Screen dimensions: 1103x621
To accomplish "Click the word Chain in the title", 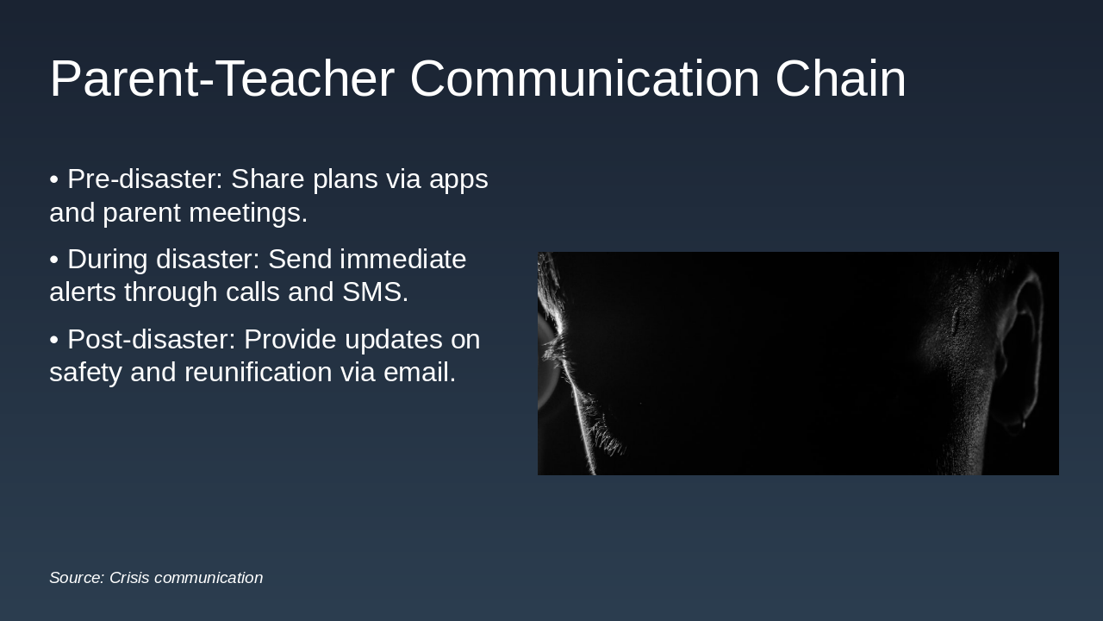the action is tap(840, 78).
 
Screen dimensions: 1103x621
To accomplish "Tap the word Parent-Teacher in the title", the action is tap(222, 78).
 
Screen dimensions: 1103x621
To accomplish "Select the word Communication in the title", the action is tap(584, 78).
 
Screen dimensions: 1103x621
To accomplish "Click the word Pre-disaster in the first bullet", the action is tap(146, 179).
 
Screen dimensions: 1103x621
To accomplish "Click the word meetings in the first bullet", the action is tap(248, 213).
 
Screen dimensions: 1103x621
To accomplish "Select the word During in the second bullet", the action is tap(108, 260).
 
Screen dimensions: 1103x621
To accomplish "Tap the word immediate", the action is tap(402, 259).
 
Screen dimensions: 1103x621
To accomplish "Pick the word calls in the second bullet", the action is tap(253, 292).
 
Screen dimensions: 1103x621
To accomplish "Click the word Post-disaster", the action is tap(152, 339).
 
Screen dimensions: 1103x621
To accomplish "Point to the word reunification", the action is tap(259, 372).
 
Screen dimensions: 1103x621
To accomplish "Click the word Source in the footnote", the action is tap(77, 578).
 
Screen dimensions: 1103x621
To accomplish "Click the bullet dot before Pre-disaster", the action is tap(54, 180).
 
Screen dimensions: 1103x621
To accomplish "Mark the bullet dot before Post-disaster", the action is tap(54, 340).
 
